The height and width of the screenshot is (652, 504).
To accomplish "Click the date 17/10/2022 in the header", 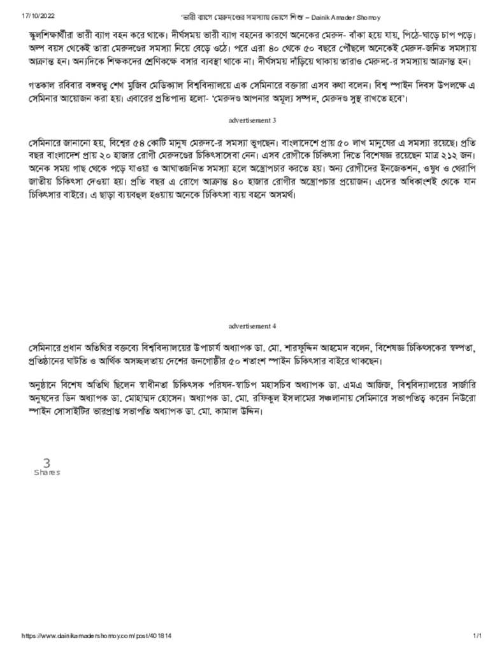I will [37, 15].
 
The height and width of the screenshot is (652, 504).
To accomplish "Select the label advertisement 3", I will [252, 120].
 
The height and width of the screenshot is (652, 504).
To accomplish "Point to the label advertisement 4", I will [252, 325].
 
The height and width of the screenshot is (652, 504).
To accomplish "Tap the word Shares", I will [47, 472].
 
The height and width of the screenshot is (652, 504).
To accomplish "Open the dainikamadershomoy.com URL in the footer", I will [97, 636].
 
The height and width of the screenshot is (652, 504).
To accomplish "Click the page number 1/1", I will [477, 636].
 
